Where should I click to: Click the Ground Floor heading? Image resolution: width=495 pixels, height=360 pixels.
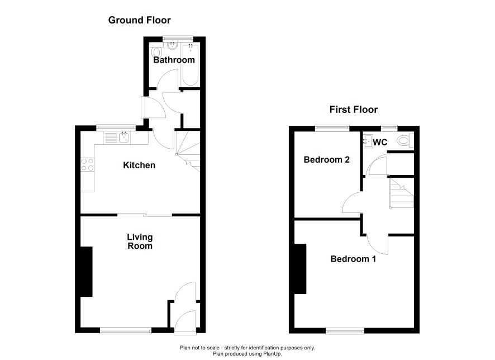[x=139, y=20]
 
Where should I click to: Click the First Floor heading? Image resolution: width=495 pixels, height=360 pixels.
[x=354, y=110]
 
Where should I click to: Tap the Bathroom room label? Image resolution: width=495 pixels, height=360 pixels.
[x=174, y=60]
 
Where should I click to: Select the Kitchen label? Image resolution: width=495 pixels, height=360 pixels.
[x=139, y=165]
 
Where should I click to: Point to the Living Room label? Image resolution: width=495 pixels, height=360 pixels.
[x=140, y=241]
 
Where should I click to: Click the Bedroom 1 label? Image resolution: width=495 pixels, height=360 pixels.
[x=353, y=259]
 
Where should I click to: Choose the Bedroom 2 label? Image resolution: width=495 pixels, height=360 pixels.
[x=327, y=159]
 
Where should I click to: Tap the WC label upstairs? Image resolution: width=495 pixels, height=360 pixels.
[x=380, y=143]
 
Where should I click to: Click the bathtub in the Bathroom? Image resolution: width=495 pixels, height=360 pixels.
[x=191, y=65]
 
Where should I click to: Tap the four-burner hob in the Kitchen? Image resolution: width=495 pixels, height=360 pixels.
[x=88, y=164]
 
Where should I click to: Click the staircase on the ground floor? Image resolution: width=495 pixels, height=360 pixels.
[x=188, y=151]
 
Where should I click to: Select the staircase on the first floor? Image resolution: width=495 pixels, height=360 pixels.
[x=401, y=193]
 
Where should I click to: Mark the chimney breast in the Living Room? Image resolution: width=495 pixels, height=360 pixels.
[x=86, y=272]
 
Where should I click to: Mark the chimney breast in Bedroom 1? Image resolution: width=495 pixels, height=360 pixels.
[x=300, y=269]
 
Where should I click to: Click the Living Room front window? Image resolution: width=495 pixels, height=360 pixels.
[x=126, y=330]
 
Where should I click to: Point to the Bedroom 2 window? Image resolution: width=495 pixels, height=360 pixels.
[x=332, y=128]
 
